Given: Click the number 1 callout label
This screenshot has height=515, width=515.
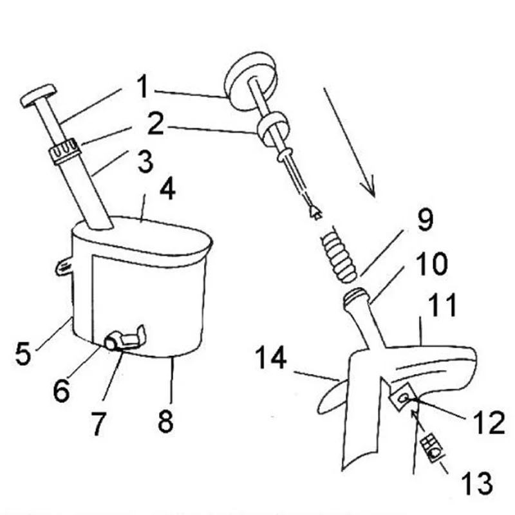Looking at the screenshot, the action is click(142, 86).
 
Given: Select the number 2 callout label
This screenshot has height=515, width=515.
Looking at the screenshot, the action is click(155, 123).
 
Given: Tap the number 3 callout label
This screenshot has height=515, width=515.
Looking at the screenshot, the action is click(145, 162).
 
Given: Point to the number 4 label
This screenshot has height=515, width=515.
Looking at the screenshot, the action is click(167, 188).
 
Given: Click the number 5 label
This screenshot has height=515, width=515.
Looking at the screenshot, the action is click(23, 353).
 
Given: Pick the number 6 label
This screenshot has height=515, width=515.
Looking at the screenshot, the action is click(62, 390).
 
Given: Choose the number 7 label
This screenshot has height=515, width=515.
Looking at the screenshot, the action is click(98, 424).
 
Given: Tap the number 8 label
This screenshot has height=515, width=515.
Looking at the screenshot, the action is click(165, 421).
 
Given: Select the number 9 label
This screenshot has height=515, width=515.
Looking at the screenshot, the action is click(426, 219).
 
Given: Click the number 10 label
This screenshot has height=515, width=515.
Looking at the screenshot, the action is click(431, 263).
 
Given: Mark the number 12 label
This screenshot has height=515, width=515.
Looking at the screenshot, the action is click(489, 422).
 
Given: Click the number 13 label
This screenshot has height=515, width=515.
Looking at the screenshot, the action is click(476, 483).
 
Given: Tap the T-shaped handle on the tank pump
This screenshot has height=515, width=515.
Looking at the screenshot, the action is click(38, 95).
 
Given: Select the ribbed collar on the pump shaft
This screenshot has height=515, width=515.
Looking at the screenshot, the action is click(65, 151).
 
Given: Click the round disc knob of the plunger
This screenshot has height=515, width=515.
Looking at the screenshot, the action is click(250, 80).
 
